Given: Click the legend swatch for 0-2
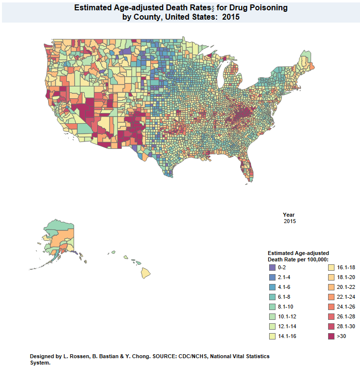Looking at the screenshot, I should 272,268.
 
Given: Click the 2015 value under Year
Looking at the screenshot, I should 290,221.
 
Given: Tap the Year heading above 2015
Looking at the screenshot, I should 289,215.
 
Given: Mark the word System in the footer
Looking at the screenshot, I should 39,363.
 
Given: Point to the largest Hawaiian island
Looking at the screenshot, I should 146,271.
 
